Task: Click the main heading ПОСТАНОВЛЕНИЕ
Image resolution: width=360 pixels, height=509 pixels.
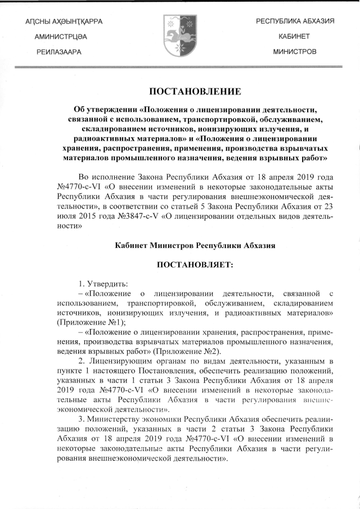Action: pyautogui.click(x=195, y=91)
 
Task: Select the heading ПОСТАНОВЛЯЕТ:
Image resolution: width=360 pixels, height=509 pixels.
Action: pyautogui.click(x=195, y=263)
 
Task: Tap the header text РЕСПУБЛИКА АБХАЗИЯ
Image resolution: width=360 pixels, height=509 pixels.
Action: pyautogui.click(x=295, y=21)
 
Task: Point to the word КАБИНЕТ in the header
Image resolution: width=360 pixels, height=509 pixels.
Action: pyautogui.click(x=295, y=36)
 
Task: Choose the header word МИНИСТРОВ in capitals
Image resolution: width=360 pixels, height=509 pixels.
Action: pyautogui.click(x=295, y=51)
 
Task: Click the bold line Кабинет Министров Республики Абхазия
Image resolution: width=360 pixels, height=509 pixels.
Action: pyautogui.click(x=195, y=245)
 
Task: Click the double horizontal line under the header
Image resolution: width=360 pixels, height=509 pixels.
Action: pyautogui.click(x=180, y=67)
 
